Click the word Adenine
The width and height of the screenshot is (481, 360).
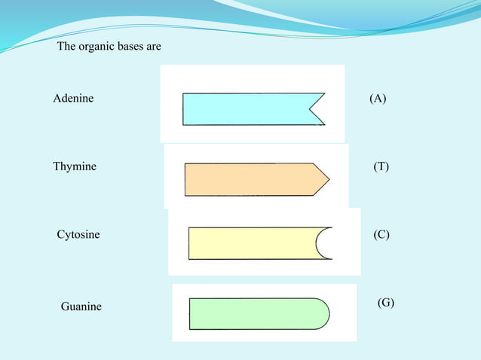coord(74,99)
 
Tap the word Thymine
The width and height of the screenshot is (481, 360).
coord(75,166)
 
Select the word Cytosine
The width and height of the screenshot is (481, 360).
coord(78,235)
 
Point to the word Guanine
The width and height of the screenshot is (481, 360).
coord(81,307)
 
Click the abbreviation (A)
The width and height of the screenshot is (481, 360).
coord(378,99)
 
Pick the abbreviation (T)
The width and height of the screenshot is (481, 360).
coord(381,166)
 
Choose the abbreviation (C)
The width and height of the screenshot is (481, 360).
coord(381,235)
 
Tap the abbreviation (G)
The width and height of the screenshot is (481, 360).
coord(385,303)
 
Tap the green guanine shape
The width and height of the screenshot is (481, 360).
coord(253,314)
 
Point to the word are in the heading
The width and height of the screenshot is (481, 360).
coord(155,47)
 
